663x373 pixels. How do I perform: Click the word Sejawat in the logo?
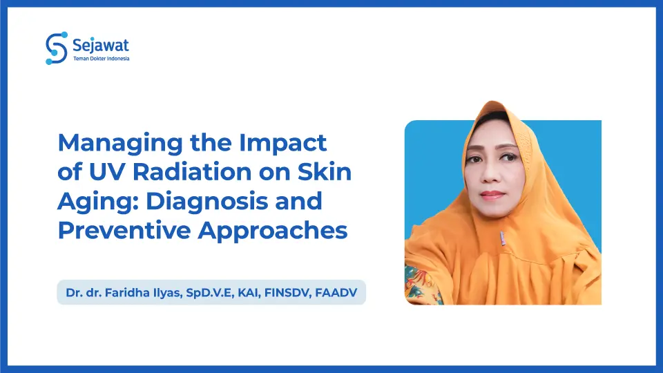[101, 46]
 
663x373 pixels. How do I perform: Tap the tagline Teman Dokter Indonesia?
[101, 59]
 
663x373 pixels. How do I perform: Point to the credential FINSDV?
[286, 293]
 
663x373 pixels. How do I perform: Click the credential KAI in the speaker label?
[244, 293]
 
